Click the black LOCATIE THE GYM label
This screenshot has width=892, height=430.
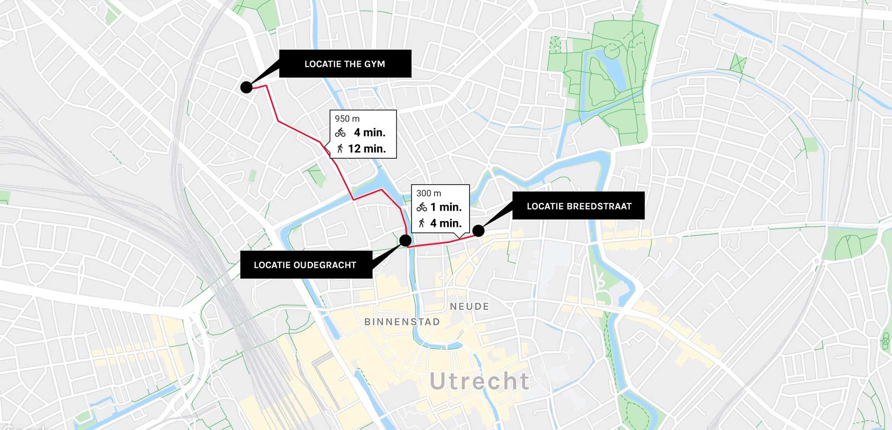345,64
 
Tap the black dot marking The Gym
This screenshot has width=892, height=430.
246,87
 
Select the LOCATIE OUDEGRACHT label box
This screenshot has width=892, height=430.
306,265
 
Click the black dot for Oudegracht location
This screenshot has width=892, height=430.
405,241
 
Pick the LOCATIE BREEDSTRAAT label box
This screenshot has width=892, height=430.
578,206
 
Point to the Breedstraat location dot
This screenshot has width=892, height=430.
478,231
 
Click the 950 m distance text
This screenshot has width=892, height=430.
347,119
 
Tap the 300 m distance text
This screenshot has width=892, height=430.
429,193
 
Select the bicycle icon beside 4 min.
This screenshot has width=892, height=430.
340,132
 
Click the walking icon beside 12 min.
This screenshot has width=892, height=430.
340,148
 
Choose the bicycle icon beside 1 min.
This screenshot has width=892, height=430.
421,207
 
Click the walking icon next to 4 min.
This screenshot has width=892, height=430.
421,223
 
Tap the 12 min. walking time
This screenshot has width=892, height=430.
367,149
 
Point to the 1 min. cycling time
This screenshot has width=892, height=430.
446,207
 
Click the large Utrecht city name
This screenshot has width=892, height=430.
479,381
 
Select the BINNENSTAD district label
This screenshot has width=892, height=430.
402,322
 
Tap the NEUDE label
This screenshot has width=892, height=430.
469,307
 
